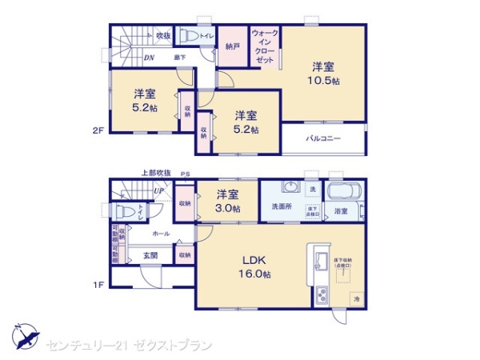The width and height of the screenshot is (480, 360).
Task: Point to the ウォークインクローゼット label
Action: [x=264, y=47]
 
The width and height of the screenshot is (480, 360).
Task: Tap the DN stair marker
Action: [x=149, y=58]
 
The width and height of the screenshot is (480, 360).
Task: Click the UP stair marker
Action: [x=158, y=191]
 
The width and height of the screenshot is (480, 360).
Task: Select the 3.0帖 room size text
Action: [x=228, y=208]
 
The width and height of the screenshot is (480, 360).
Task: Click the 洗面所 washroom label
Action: [x=282, y=207]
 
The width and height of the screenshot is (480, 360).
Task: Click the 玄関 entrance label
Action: [x=150, y=255]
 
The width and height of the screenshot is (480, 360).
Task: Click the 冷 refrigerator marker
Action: [x=354, y=299]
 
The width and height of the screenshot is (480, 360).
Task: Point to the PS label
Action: [x=186, y=173]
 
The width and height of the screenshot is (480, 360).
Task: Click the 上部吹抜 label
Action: [x=156, y=173]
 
